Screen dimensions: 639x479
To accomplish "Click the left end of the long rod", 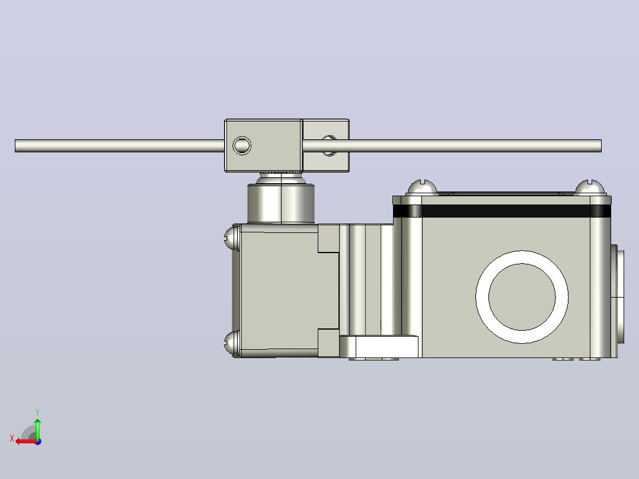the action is click(16, 146).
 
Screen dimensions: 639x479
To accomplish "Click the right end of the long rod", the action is click(600, 146).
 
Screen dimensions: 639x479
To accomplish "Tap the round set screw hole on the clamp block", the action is click(242, 145).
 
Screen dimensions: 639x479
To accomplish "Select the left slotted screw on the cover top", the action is click(422, 189).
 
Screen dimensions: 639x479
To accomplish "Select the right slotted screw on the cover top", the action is click(590, 188).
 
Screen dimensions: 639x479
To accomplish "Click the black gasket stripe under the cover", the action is click(501, 211).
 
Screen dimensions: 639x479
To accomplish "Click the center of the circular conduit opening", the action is click(522, 297).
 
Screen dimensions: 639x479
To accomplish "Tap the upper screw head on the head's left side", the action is click(231, 237).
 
